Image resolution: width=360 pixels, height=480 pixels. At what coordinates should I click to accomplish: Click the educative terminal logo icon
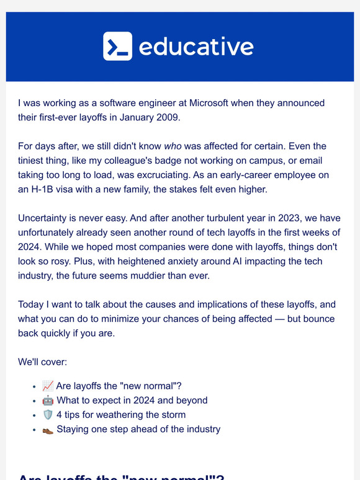pyautogui.click(x=117, y=47)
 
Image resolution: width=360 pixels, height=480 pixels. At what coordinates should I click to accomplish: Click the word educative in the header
pyautogui.click(x=196, y=47)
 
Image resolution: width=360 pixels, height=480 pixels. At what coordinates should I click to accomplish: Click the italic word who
pyautogui.click(x=173, y=146)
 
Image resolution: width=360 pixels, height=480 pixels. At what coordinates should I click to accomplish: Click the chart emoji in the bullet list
pyautogui.click(x=48, y=386)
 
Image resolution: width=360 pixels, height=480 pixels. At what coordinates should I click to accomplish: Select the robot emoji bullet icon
pyautogui.click(x=48, y=400)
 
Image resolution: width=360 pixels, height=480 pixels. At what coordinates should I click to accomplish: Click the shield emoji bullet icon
pyautogui.click(x=48, y=414)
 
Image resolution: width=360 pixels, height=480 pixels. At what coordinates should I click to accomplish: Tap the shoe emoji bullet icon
pyautogui.click(x=48, y=429)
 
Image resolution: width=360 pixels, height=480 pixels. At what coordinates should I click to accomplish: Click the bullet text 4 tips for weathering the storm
pyautogui.click(x=121, y=414)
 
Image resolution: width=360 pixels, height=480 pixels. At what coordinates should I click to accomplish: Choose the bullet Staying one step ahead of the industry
pyautogui.click(x=138, y=429)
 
